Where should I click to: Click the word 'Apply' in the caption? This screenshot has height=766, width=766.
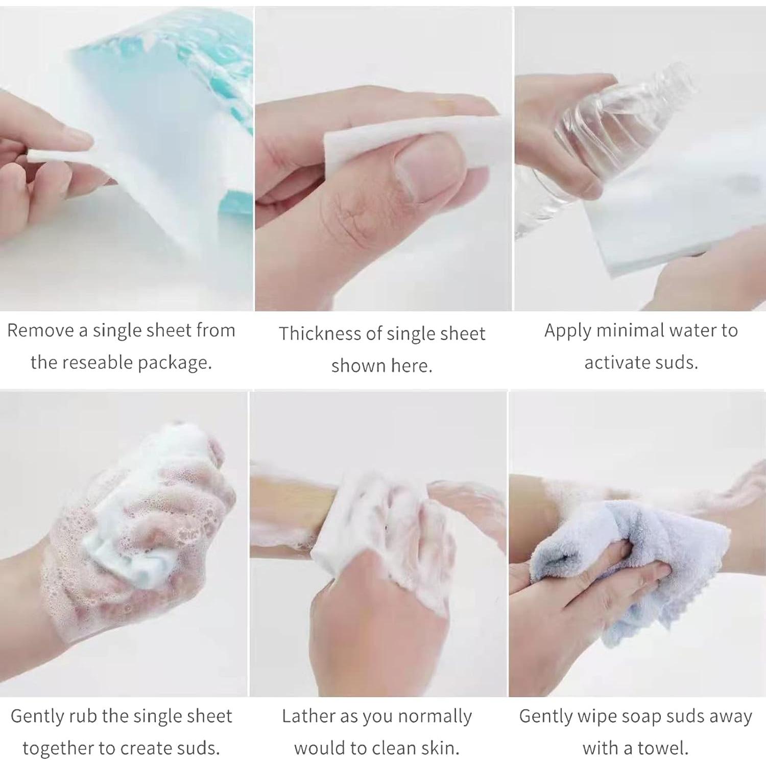click(567, 331)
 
